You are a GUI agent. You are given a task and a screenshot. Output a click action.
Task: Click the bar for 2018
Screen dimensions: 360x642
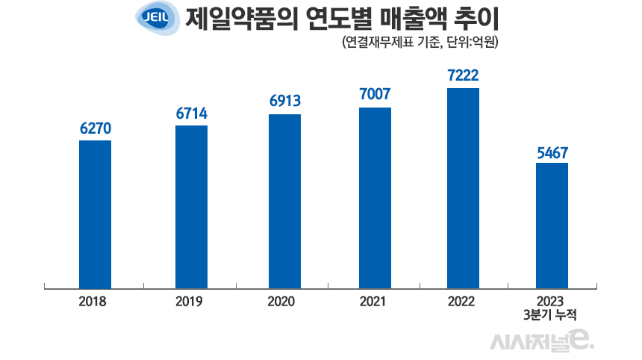pyautogui.click(x=95, y=214)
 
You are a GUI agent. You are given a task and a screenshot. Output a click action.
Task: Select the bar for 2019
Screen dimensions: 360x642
pyautogui.click(x=191, y=206)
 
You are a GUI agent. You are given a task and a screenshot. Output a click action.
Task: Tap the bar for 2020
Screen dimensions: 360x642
pyautogui.click(x=284, y=201)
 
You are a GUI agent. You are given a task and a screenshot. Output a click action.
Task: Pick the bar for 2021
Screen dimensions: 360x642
pyautogui.click(x=375, y=197)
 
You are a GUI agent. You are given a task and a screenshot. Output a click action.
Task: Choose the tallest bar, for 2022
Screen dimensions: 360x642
pyautogui.click(x=462, y=187)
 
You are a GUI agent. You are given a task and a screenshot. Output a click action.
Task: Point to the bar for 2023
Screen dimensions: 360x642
pyautogui.click(x=552, y=225)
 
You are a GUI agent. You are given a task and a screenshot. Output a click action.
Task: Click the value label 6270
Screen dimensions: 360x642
pyautogui.click(x=96, y=128)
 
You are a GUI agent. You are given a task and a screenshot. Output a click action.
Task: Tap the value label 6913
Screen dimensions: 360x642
pyautogui.click(x=284, y=102)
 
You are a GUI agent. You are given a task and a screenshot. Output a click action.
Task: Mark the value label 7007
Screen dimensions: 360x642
pyautogui.click(x=375, y=95)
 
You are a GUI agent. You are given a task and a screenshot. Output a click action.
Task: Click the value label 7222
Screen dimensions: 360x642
pyautogui.click(x=462, y=75)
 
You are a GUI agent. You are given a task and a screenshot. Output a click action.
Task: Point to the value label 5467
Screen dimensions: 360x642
pyautogui.click(x=552, y=152)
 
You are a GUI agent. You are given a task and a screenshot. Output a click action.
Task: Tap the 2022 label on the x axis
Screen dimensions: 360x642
pyautogui.click(x=462, y=302)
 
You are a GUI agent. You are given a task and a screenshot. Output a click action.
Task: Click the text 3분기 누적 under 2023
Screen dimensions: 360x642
pyautogui.click(x=553, y=314)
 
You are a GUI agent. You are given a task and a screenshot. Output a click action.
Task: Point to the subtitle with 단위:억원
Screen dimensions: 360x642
pyautogui.click(x=419, y=43)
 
